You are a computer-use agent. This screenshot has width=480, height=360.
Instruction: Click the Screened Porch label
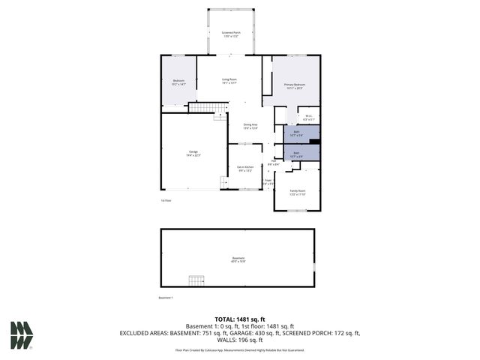click(231, 34)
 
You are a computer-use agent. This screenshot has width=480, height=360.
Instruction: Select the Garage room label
click(193, 154)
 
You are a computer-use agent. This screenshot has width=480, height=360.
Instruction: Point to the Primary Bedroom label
click(295, 86)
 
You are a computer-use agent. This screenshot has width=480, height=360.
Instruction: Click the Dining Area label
click(250, 127)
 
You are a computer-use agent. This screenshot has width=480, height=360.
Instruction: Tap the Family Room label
click(298, 193)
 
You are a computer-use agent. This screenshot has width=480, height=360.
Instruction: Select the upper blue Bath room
click(296, 135)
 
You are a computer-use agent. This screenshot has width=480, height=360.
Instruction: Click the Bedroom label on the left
click(178, 82)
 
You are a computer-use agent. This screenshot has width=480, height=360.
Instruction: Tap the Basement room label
click(238, 260)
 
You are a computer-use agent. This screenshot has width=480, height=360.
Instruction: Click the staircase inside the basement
click(196, 280)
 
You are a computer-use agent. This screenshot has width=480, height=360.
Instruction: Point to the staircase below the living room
click(207, 107)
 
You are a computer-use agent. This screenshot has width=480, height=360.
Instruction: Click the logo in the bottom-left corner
click(21, 334)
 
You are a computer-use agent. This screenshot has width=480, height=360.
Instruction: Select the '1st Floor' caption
click(166, 200)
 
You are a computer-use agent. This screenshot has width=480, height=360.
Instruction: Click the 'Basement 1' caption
click(166, 298)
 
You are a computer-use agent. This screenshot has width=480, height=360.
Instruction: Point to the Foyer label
click(268, 181)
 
